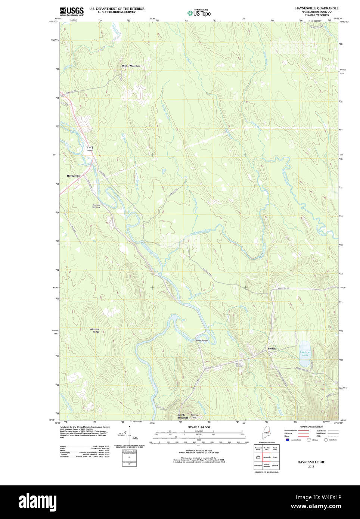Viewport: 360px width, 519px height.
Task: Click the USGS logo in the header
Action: coord(72,11)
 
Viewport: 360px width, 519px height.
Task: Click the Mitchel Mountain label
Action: coord(131,66)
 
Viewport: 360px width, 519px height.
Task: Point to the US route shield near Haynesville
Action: coord(89,148)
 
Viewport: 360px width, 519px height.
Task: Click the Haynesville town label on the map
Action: coord(74,175)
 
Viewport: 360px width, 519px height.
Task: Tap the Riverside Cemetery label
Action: coord(96,206)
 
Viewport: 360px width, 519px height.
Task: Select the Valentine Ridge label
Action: coord(94,330)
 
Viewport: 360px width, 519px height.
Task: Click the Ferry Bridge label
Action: coord(202,341)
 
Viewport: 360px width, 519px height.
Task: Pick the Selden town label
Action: coord(271,349)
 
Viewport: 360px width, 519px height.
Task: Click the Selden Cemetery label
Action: coord(239,365)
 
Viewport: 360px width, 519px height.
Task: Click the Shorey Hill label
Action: coord(195,416)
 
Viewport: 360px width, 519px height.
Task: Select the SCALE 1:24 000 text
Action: coord(199,427)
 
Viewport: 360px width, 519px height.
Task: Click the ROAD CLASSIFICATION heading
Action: coord(311,427)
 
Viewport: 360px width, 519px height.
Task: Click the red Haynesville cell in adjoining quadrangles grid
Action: coord(267,457)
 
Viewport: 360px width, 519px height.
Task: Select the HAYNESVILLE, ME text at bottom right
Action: coord(311,462)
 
